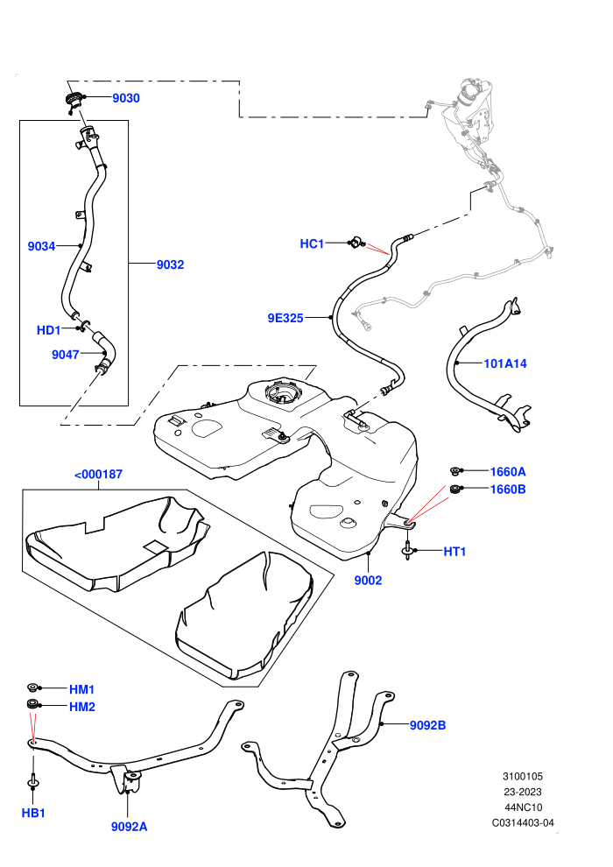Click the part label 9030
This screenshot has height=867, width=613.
(126, 98)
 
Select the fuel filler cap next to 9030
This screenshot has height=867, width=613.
(74, 102)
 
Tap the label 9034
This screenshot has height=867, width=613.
(41, 246)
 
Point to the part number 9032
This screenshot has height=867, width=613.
(170, 264)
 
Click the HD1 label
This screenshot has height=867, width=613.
(49, 330)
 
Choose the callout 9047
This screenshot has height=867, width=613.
(65, 355)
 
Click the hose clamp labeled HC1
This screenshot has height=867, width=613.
(355, 243)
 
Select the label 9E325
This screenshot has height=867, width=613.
(285, 318)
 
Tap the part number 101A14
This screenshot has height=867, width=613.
(505, 363)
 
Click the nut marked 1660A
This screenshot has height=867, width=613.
(456, 471)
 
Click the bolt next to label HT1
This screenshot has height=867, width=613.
(407, 550)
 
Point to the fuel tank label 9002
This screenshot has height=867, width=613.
(368, 580)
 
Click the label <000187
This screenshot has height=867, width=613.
(98, 474)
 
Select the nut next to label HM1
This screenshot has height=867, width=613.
(33, 687)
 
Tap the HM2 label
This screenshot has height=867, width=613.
(82, 707)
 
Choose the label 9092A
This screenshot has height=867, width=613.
(130, 827)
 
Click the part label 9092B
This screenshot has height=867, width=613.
(428, 725)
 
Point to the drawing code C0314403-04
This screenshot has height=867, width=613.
(523, 822)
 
